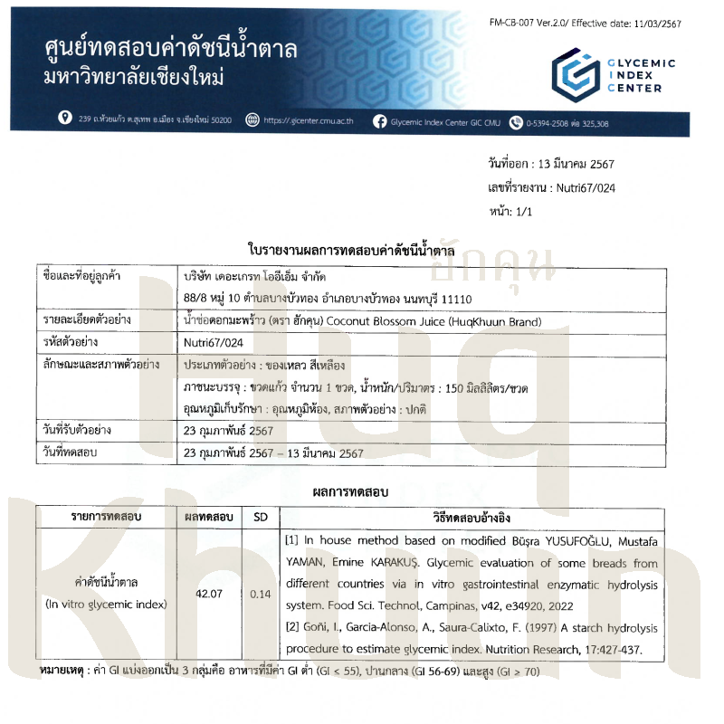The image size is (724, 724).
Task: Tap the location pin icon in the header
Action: pyautogui.click(x=64, y=119)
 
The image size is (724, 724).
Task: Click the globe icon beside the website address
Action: pyautogui.click(x=252, y=119)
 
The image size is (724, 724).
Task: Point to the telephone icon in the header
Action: pyautogui.click(x=517, y=121)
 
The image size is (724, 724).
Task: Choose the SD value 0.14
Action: pyautogui.click(x=261, y=594)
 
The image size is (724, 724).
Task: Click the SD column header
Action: pyautogui.click(x=261, y=518)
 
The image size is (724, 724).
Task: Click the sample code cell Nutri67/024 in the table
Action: pyautogui.click(x=210, y=343)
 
